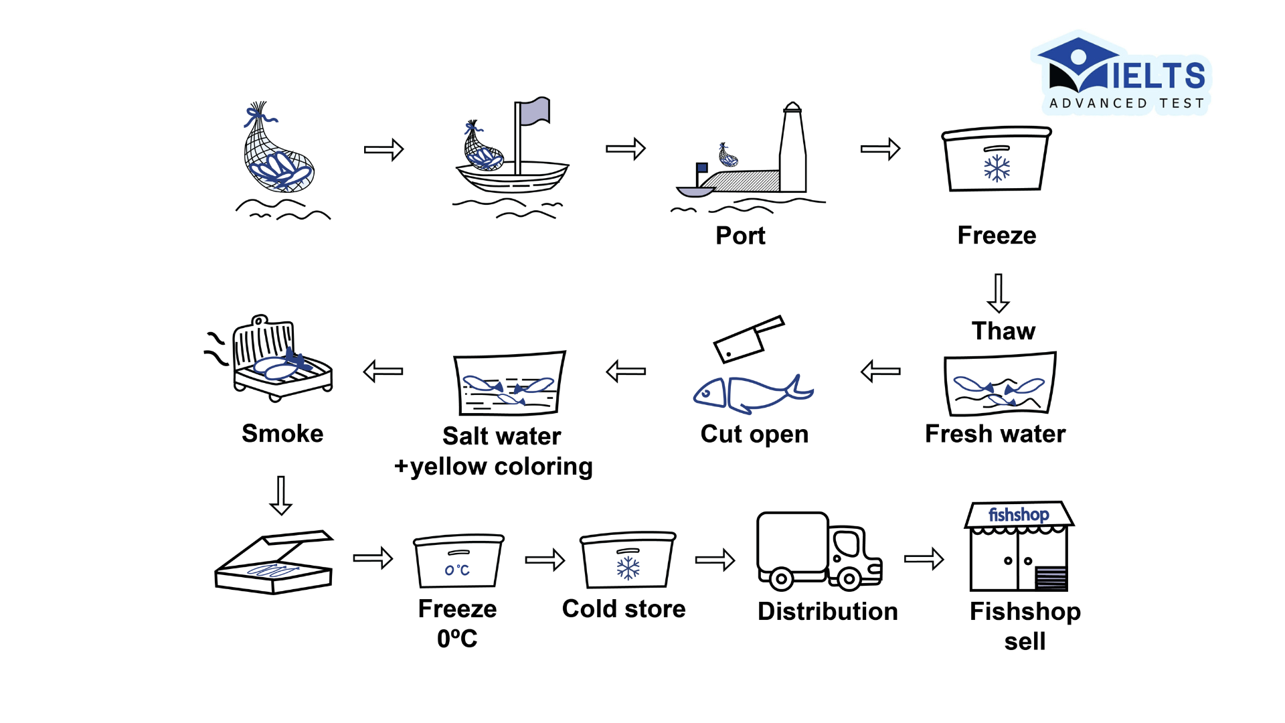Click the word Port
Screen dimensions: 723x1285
tap(740, 236)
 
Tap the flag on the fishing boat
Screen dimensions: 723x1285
tap(535, 111)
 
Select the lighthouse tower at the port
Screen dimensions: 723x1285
tap(793, 151)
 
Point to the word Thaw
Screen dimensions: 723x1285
tap(1003, 331)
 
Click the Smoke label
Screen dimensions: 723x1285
tap(282, 433)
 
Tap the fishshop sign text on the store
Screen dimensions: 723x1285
tap(1019, 515)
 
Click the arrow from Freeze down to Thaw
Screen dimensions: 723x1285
tap(998, 293)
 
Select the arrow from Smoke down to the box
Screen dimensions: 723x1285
tap(280, 495)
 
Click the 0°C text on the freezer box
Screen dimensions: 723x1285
tap(458, 570)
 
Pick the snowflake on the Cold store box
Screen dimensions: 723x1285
tap(628, 568)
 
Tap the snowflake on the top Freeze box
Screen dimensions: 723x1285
tap(997, 168)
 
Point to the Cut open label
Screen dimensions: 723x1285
tap(754, 434)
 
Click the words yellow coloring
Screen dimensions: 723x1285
tap(501, 467)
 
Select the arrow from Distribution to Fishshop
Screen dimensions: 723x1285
tap(924, 559)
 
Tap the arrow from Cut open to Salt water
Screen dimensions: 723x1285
tap(626, 371)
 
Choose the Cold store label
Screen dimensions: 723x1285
tap(624, 609)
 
